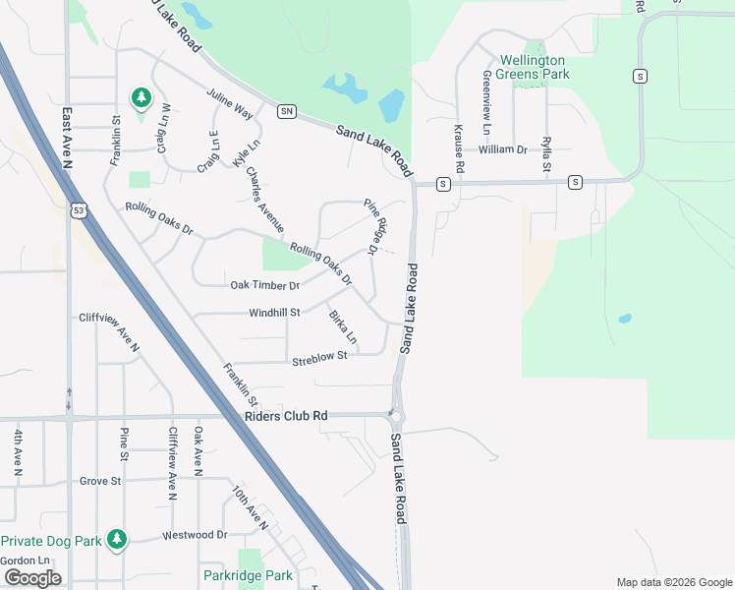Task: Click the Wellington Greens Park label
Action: pos(535,66)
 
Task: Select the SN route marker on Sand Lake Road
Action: pos(286,111)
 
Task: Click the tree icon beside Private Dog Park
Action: pos(117,539)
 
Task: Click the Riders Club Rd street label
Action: pos(285,416)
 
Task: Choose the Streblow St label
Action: pos(319,358)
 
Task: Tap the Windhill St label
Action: pos(274,312)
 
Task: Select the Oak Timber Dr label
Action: pos(264,285)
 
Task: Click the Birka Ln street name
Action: pos(342,328)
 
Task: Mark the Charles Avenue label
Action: pos(265,202)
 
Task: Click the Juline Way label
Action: pos(230,104)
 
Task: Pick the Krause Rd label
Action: pos(458,147)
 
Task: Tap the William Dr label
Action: pos(502,149)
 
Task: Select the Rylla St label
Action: pos(546,154)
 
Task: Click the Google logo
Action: pos(32,578)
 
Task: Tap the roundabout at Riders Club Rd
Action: pos(396,415)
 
